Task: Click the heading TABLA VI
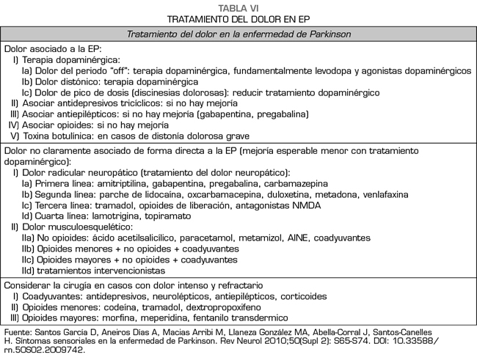[x=238, y=6]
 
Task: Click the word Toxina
[x=37, y=136]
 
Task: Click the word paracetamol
[x=194, y=238]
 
